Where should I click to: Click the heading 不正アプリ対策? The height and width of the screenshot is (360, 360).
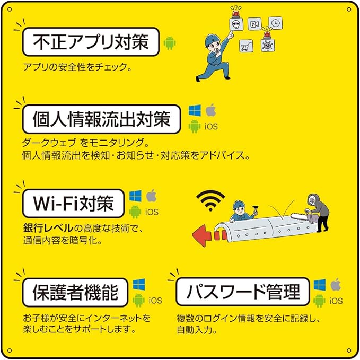[91, 42]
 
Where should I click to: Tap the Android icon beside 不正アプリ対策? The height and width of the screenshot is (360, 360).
[170, 43]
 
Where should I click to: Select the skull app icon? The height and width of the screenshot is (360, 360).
[236, 24]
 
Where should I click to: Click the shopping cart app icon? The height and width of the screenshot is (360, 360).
[246, 46]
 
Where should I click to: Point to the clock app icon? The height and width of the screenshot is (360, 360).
[276, 23]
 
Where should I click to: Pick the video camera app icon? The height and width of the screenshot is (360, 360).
[254, 24]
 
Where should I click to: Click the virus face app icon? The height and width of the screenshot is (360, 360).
[268, 45]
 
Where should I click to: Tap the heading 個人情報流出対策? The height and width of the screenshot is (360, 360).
[101, 119]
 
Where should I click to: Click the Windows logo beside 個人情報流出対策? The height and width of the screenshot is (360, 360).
[195, 110]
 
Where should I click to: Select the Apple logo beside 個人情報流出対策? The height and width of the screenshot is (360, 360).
[211, 110]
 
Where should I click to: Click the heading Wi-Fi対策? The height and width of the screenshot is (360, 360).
[74, 204]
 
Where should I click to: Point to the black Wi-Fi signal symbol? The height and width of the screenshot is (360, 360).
[210, 200]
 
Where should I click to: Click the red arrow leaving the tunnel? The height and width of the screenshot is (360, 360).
[208, 235]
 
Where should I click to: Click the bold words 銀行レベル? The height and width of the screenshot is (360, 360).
[48, 228]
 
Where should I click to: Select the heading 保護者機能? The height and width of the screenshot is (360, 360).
[75, 292]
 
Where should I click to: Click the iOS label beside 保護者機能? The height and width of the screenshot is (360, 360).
[155, 300]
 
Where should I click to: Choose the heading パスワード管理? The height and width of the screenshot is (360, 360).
[243, 292]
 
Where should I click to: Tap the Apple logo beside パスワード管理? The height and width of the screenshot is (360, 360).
[336, 285]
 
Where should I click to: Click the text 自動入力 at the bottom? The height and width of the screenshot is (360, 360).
[197, 330]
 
